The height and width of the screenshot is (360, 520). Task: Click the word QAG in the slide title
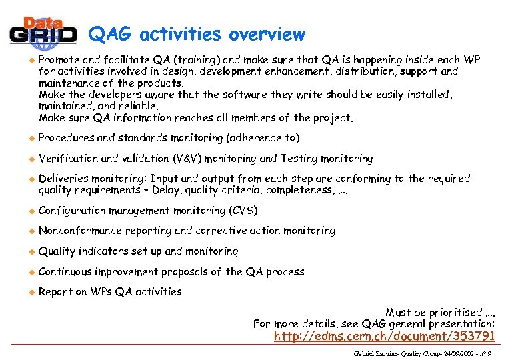(111, 34)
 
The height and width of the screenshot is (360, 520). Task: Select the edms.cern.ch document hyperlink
(384, 336)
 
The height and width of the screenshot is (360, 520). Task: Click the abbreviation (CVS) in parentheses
(243, 211)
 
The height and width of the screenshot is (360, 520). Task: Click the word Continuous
(65, 271)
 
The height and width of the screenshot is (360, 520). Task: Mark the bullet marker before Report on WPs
(29, 292)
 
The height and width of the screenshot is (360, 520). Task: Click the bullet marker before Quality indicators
(29, 251)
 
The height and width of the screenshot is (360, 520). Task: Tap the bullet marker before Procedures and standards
(29, 138)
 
